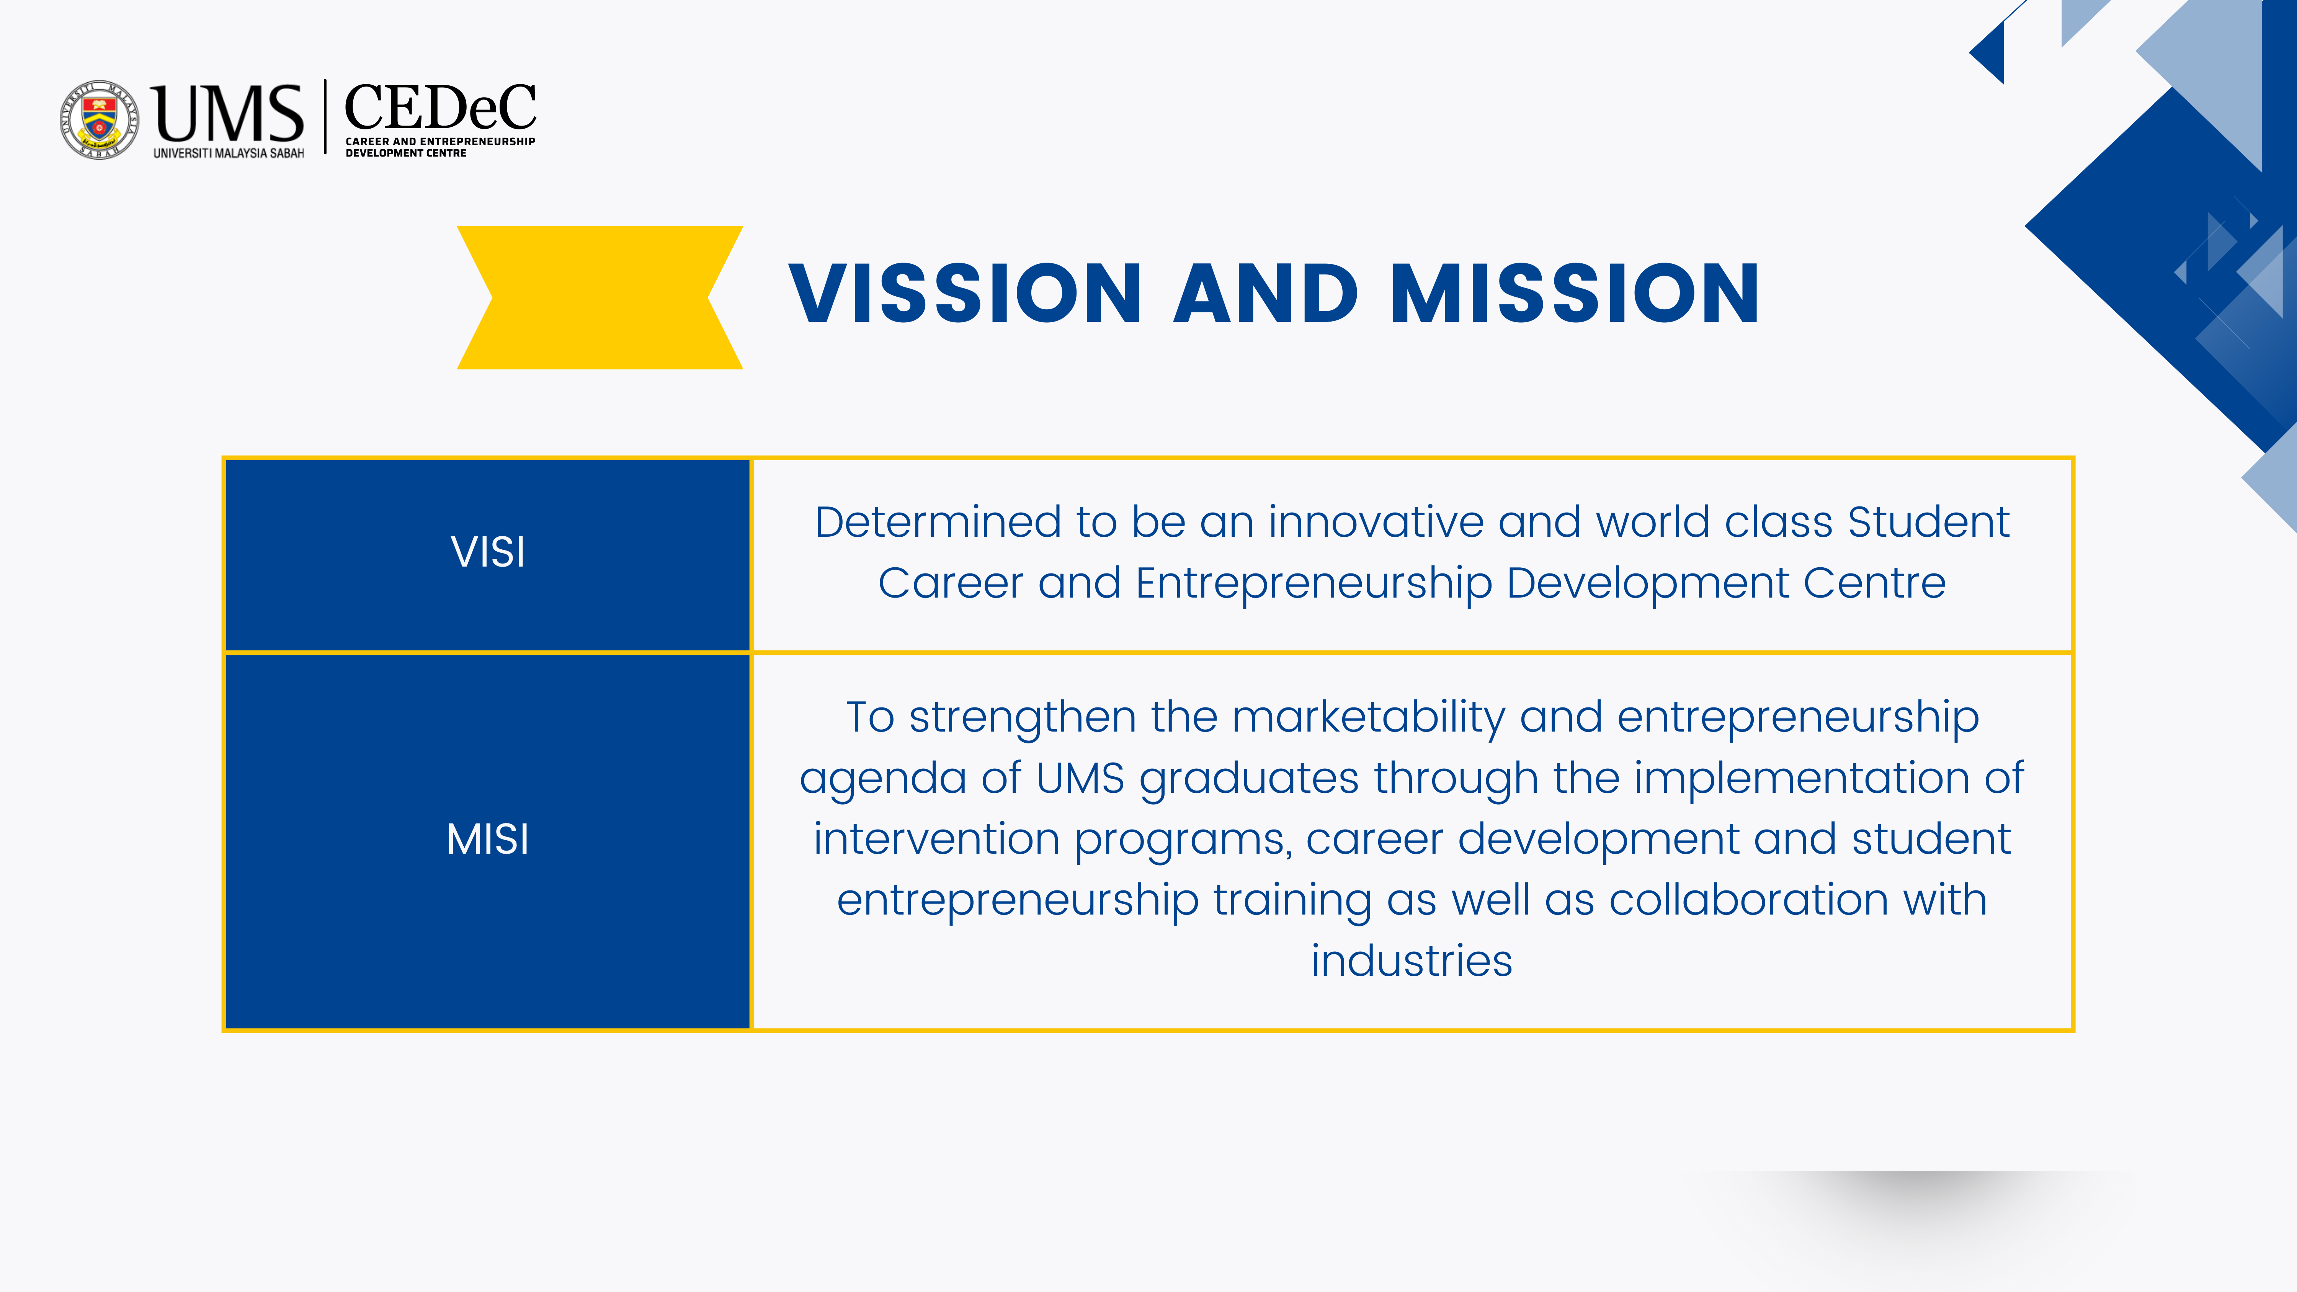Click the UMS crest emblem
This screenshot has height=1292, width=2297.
tap(99, 119)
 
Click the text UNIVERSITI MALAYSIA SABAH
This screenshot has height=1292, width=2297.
tap(228, 154)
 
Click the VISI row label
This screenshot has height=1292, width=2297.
tap(488, 552)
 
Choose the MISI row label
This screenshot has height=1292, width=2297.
tap(488, 839)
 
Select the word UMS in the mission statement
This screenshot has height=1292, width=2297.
tap(1081, 778)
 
